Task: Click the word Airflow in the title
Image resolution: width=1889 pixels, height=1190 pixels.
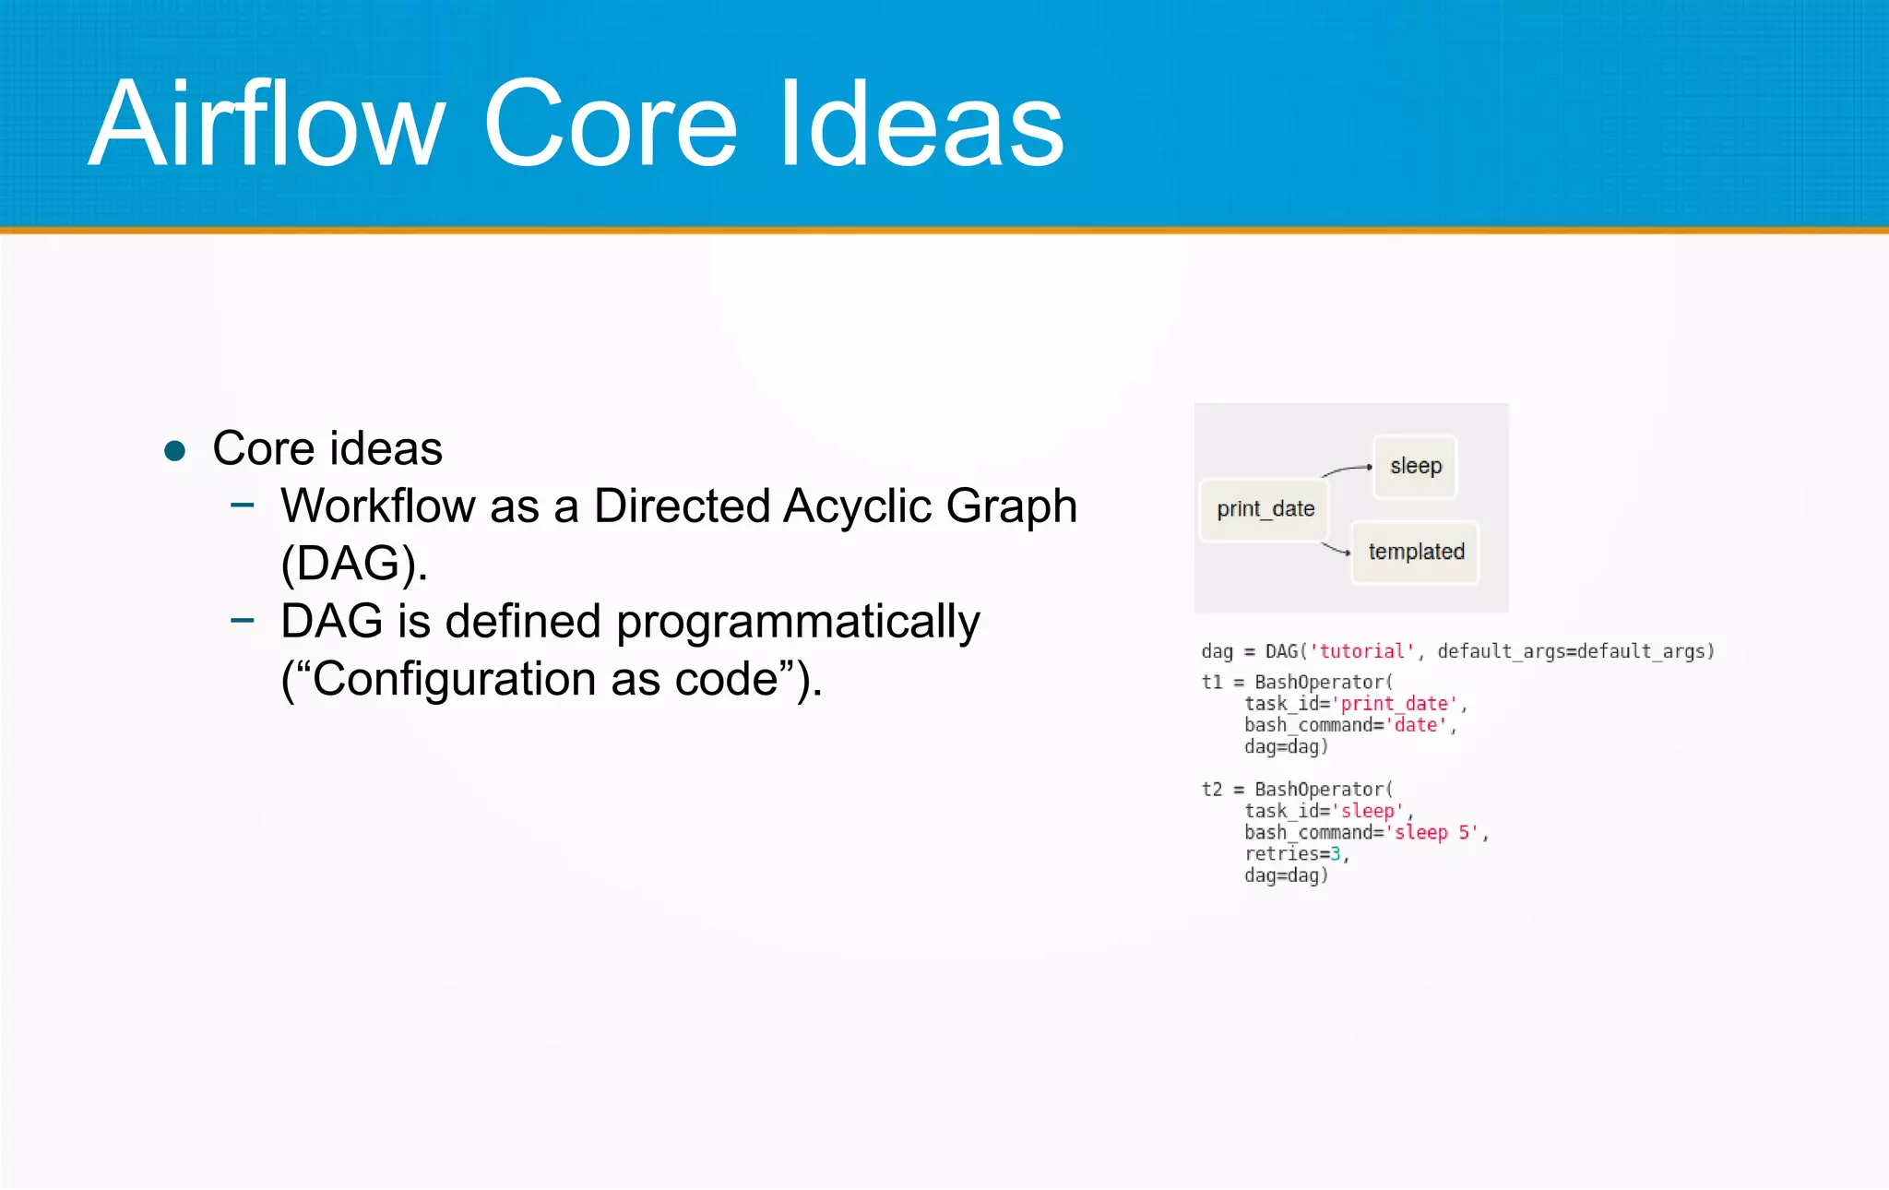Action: point(267,125)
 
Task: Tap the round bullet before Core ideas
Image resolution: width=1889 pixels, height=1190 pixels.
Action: point(174,451)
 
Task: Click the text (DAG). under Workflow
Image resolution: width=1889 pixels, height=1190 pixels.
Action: point(354,564)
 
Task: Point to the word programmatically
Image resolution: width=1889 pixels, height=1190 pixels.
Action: point(798,623)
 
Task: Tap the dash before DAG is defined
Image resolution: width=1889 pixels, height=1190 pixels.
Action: point(243,620)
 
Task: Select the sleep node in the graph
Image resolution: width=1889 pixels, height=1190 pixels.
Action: point(1415,467)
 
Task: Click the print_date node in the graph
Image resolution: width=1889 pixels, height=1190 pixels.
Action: point(1265,509)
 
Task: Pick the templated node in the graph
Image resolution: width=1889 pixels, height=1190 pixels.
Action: point(1415,552)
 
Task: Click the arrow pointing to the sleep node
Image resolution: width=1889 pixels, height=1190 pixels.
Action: point(1348,470)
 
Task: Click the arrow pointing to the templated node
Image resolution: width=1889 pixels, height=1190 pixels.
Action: point(1337,550)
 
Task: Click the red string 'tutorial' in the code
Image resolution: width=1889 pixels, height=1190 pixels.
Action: point(1361,651)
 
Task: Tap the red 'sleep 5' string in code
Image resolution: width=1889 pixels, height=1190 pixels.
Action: point(1435,833)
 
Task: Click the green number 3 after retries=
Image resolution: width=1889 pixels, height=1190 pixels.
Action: point(1336,854)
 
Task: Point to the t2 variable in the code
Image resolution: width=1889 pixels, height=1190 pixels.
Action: point(1212,790)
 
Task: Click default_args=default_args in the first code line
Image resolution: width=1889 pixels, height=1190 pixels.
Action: point(1574,651)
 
